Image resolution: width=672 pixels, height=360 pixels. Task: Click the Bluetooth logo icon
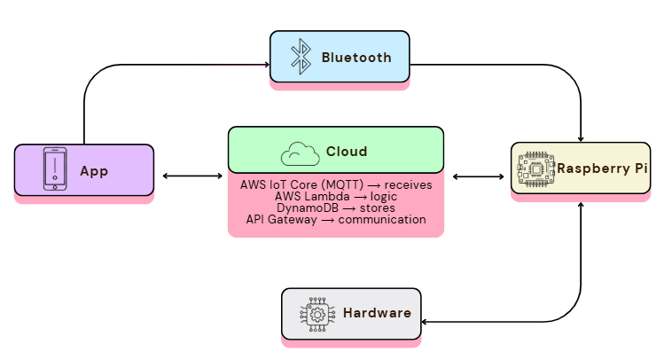pyautogui.click(x=301, y=57)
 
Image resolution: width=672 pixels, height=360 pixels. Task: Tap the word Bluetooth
pyautogui.click(x=356, y=58)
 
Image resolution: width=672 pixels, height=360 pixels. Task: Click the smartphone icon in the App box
pyautogui.click(x=55, y=168)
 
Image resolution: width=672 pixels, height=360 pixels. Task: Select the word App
pyautogui.click(x=94, y=171)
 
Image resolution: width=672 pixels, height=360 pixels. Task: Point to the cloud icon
pyautogui.click(x=300, y=154)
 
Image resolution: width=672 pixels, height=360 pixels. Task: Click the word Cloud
pyautogui.click(x=347, y=152)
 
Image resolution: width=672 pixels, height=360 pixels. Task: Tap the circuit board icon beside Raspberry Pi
pyautogui.click(x=536, y=168)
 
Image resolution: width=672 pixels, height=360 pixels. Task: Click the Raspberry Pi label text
pyautogui.click(x=602, y=168)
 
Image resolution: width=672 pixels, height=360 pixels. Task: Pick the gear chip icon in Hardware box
pyautogui.click(x=317, y=315)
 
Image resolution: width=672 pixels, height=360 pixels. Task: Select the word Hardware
pyautogui.click(x=377, y=313)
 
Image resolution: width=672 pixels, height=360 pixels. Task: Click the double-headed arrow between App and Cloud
pyautogui.click(x=192, y=176)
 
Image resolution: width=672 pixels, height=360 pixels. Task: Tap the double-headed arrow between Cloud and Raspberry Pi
pyautogui.click(x=478, y=176)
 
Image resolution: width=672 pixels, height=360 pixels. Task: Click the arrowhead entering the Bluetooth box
pyautogui.click(x=267, y=64)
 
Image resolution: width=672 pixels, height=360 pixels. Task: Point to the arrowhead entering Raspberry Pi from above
pyautogui.click(x=581, y=139)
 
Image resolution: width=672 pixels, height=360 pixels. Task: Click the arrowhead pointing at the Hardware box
pyautogui.click(x=425, y=321)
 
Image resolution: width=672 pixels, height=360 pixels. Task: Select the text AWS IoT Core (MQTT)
pyautogui.click(x=301, y=184)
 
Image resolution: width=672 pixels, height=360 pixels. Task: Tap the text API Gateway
pyautogui.click(x=281, y=219)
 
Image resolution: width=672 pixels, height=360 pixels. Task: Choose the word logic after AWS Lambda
pyautogui.click(x=384, y=197)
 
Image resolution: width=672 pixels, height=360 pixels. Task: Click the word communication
pyautogui.click(x=382, y=219)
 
